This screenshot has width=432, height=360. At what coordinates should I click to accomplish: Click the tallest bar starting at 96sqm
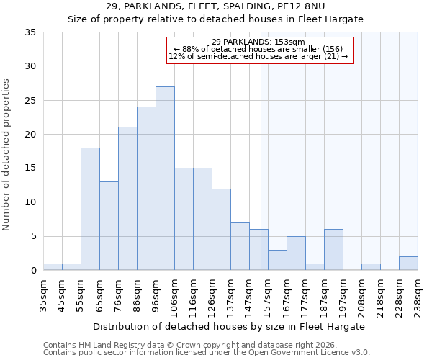tap(165, 179)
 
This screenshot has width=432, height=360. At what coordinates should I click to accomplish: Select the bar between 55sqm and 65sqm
tap(90, 209)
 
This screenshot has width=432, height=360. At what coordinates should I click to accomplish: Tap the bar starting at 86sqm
tap(146, 189)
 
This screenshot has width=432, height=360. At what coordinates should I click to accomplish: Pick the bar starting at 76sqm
tap(127, 199)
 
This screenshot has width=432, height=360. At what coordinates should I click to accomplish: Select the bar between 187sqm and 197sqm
tap(333, 250)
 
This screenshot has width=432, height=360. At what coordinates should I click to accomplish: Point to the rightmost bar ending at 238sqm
tap(408, 264)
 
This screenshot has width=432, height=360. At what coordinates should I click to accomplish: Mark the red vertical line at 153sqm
tap(261, 166)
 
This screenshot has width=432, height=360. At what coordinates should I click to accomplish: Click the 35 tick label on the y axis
tap(30, 32)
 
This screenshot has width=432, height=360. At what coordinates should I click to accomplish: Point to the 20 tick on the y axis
tap(30, 135)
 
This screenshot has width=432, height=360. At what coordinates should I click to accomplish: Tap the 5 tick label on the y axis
tap(33, 236)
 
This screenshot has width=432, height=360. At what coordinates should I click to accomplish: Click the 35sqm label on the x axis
tap(43, 295)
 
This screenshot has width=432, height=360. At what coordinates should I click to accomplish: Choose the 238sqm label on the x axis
tap(418, 295)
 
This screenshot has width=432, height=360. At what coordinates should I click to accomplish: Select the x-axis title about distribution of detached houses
tap(230, 326)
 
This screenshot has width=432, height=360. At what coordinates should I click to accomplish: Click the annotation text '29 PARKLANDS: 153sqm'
tap(259, 42)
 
